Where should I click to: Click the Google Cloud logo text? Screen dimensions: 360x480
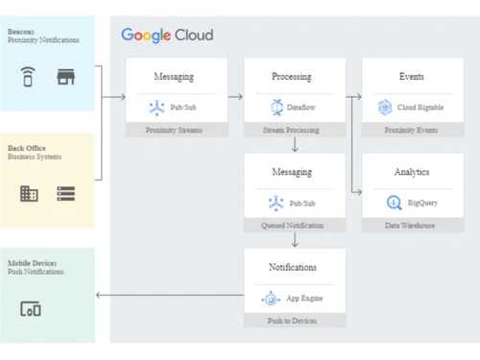[167, 36]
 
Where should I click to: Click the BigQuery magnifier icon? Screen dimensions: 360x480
[393, 203]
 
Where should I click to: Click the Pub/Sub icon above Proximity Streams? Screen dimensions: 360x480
[156, 108]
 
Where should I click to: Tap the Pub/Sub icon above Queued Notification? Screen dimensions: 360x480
[276, 203]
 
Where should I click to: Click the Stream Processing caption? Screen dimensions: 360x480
[294, 130]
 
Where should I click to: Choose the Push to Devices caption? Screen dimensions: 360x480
[294, 321]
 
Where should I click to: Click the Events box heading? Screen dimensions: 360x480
[412, 76]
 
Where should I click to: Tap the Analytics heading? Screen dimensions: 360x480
[412, 172]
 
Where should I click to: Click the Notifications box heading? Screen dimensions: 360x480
[294, 267]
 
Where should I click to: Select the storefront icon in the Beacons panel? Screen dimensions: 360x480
[66, 77]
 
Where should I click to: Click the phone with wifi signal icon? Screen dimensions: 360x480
[29, 77]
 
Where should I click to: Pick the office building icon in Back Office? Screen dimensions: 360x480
[29, 194]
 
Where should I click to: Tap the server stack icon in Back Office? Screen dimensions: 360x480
[66, 194]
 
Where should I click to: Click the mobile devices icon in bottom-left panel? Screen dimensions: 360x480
[31, 309]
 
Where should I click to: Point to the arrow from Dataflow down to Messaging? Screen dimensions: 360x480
[294, 145]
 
